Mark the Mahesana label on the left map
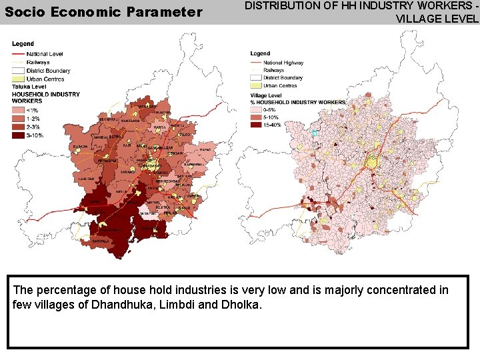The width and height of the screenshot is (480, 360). tap(148, 106)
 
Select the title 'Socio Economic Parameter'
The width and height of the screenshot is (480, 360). tap(103, 12)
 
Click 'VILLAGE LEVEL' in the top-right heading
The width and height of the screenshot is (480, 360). tap(437, 19)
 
